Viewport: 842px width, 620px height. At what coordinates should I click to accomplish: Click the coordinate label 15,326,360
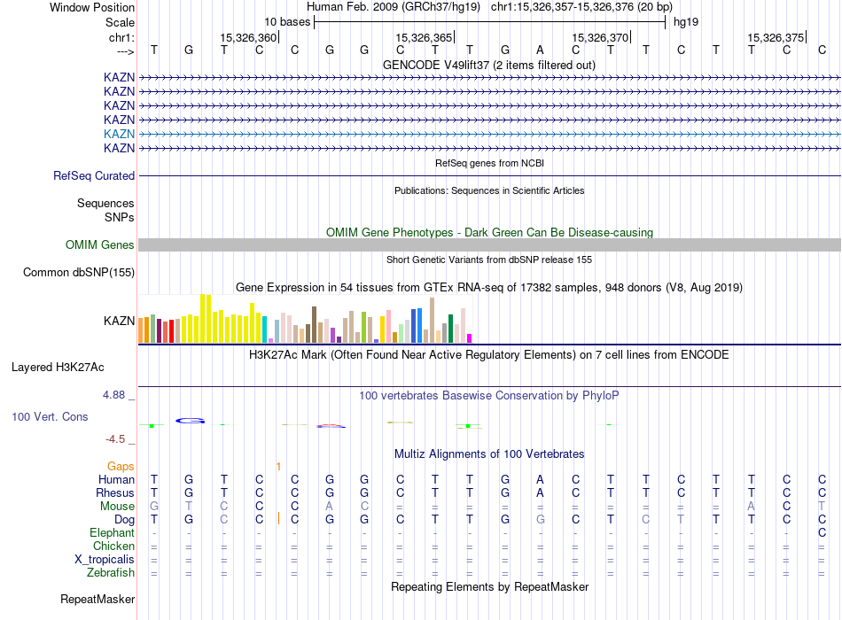[248, 37]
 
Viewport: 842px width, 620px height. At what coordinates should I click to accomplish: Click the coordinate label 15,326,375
[776, 37]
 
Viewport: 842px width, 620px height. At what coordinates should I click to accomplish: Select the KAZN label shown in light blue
[119, 134]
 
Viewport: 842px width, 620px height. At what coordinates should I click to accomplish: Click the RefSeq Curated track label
[94, 176]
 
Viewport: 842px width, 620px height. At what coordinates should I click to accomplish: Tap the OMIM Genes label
[100, 245]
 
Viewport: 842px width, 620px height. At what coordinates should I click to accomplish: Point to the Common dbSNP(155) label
[79, 273]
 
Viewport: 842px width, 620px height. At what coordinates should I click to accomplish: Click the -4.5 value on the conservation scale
[116, 438]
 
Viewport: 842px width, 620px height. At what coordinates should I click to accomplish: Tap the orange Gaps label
[121, 466]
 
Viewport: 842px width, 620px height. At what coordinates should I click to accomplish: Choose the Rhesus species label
[115, 492]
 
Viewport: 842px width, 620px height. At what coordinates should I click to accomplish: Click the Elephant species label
[112, 533]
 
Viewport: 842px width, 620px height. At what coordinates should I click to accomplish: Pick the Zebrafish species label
[111, 573]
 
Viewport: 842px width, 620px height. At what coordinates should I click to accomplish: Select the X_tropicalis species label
[105, 560]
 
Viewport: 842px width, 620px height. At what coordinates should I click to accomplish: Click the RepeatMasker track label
[97, 600]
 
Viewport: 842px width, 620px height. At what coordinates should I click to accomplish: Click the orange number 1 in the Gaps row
[278, 466]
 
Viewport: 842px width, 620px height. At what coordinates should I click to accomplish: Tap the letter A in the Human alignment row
[540, 479]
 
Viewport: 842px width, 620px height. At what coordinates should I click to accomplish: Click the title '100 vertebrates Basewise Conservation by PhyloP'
[489, 395]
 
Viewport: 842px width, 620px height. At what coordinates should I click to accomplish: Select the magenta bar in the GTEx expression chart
[470, 337]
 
